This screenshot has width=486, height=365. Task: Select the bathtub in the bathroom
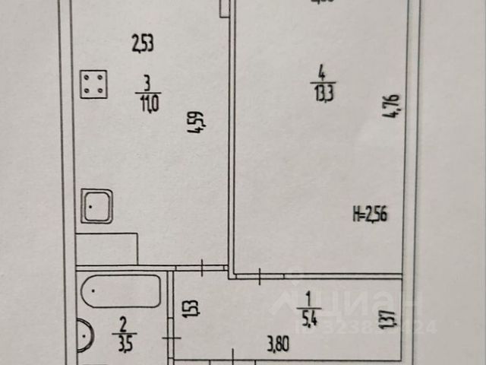click(x=121, y=291)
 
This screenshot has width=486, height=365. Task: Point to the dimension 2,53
click(x=142, y=45)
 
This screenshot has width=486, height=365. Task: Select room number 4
click(x=322, y=74)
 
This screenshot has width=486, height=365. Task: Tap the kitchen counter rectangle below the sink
click(x=106, y=249)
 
